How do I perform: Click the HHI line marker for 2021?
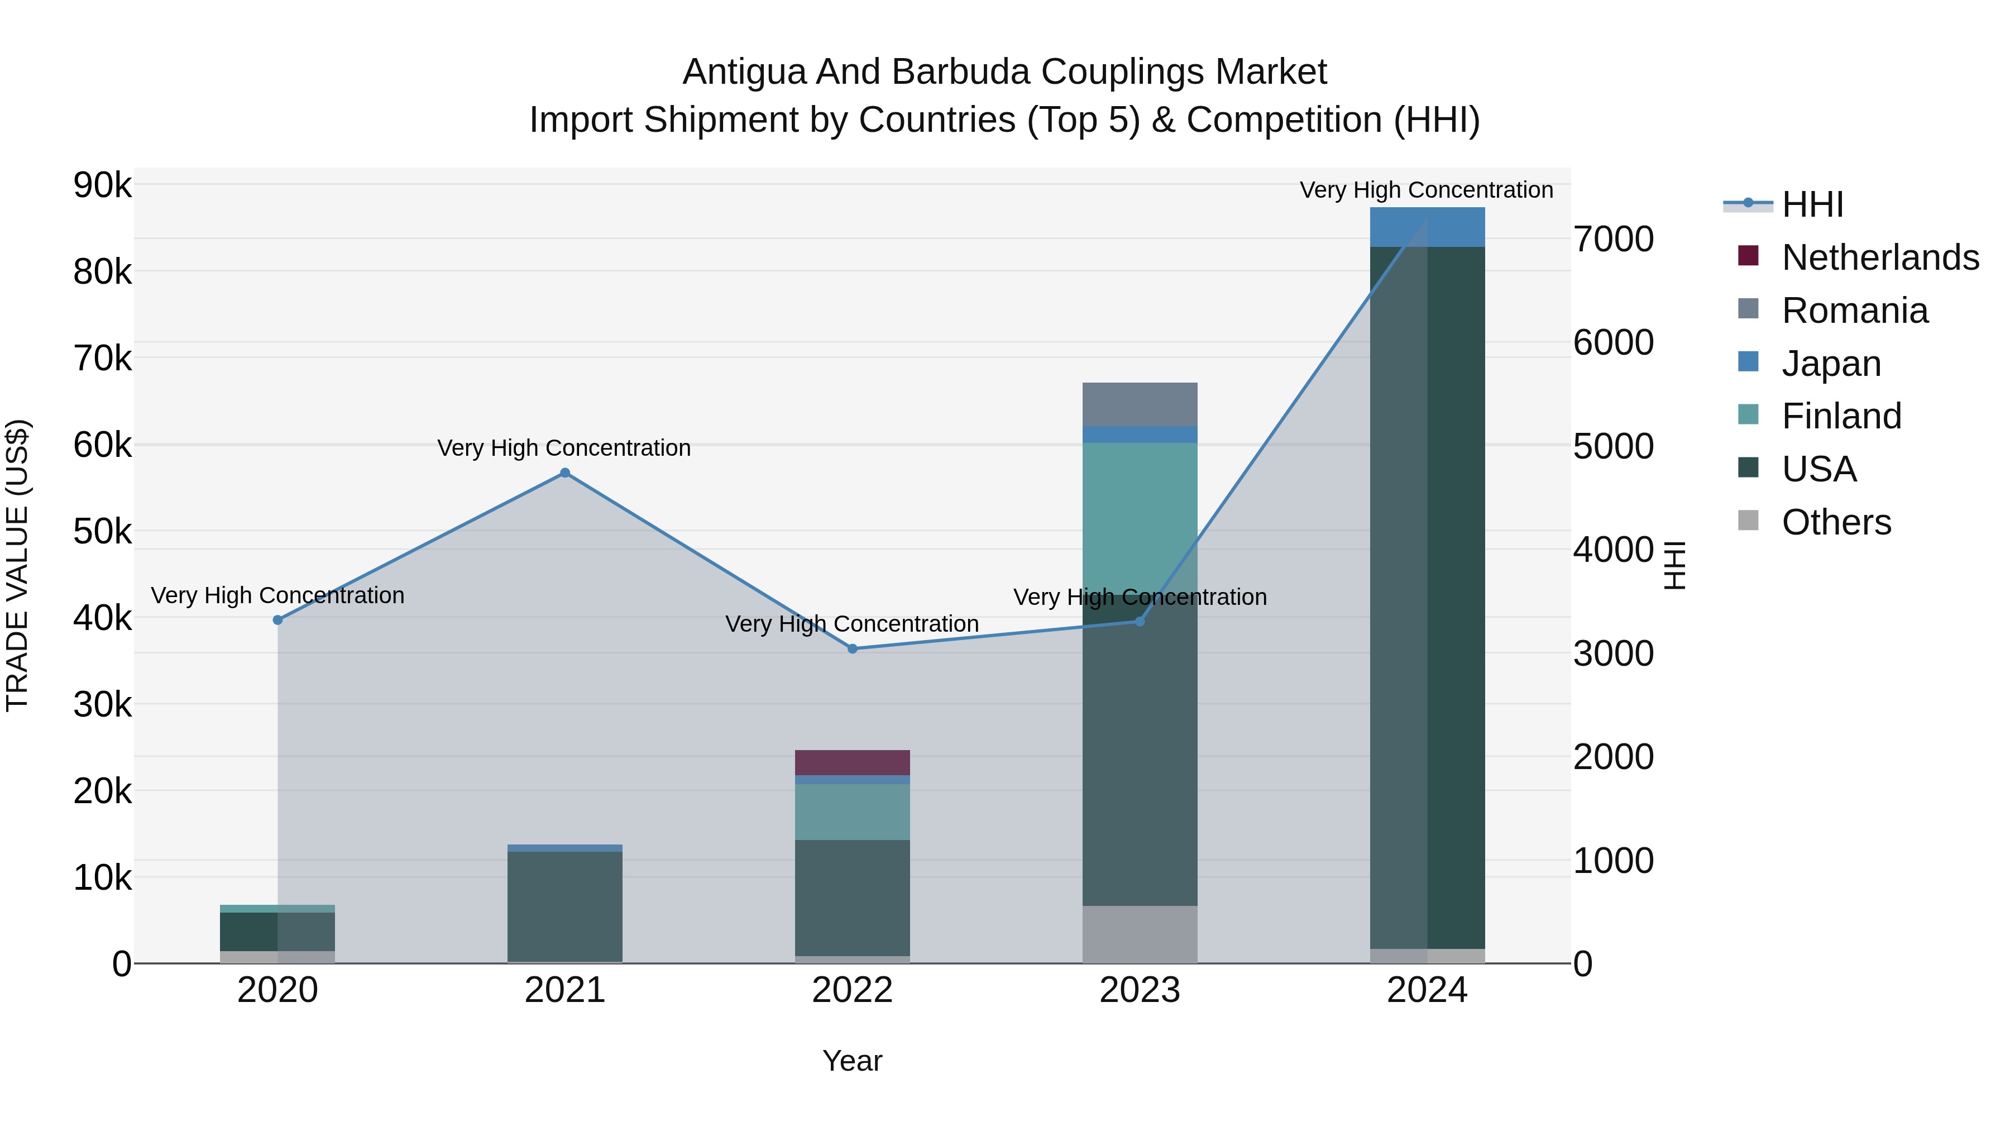pos(565,473)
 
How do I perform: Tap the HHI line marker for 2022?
pos(852,648)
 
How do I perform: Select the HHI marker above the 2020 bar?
pos(278,620)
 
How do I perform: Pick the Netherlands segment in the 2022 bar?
pos(852,762)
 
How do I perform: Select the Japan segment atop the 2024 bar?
pos(1427,227)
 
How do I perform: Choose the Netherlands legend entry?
pos(1880,257)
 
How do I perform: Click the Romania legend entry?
pos(1855,311)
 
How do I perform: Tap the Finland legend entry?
pos(1841,416)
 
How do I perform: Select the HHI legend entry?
pos(1812,204)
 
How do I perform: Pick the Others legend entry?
pos(1836,522)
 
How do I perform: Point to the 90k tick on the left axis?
pos(102,186)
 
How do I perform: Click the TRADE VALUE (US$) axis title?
pos(17,565)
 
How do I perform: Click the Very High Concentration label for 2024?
pos(1427,190)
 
